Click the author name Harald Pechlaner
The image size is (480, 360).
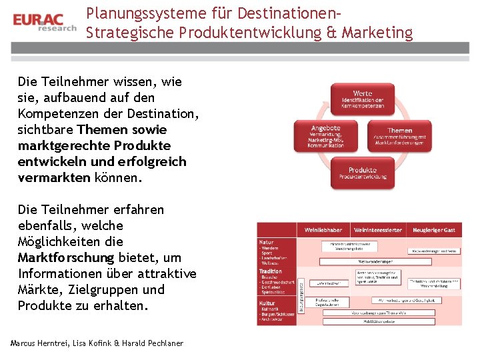coord(153,343)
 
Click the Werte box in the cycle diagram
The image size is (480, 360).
coord(363,98)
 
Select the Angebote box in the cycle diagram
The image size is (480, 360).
coord(325,136)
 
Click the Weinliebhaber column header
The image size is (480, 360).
coord(324,230)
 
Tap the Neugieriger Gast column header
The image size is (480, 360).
coord(433,230)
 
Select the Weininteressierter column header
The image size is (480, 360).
coord(378,230)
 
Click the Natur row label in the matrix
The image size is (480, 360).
coord(266,242)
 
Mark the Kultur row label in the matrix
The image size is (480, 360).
coord(267,303)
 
